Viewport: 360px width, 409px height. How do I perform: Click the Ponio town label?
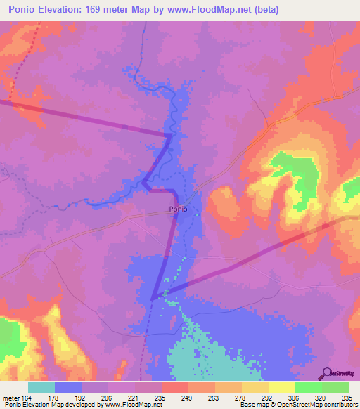click(x=178, y=209)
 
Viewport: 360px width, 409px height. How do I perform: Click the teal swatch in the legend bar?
click(x=41, y=387)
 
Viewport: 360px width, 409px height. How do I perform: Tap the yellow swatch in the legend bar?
click(x=281, y=387)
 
